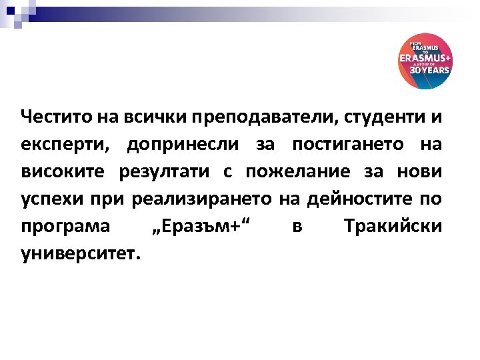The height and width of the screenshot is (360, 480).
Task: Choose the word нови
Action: click(x=421, y=171)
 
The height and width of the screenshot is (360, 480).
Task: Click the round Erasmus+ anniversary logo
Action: click(x=425, y=61)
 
